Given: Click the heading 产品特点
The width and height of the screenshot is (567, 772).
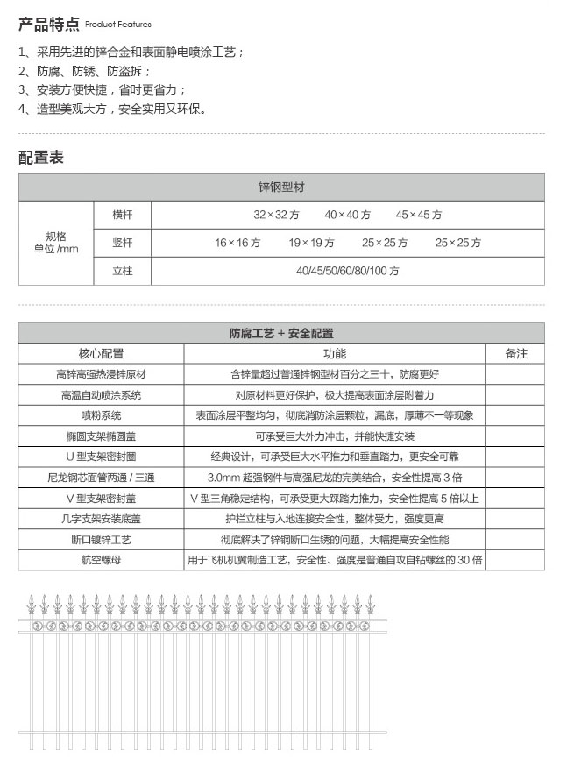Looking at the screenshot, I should pos(49,23).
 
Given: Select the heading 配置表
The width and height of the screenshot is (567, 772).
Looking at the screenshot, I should pos(41,158).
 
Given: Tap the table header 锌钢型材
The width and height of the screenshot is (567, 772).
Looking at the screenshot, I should pos(281,188).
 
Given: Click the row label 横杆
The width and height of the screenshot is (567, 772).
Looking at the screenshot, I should pos(122,215).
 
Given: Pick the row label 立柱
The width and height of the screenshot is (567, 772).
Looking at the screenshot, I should pos(122,271).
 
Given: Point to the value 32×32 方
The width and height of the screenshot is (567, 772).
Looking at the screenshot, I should pos(276,215).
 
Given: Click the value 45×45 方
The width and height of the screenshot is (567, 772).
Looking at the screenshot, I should pos(418,215).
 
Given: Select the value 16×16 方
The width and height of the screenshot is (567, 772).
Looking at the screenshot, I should pos(237,243).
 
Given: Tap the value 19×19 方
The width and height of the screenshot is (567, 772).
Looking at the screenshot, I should pos(311,243).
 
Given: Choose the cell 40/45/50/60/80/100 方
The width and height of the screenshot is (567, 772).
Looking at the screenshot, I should pos(347,271).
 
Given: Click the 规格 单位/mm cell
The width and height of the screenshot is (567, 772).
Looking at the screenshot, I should pos(56,243).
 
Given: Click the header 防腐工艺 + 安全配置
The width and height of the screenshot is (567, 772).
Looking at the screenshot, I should pos(281,333).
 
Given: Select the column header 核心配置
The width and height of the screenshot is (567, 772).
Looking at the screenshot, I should pos(101,353).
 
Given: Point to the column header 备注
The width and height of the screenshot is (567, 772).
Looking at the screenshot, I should pos(516,353).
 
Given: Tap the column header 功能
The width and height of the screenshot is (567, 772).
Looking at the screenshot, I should pos(334,353).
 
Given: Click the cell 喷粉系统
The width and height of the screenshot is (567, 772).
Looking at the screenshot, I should pos(101,415).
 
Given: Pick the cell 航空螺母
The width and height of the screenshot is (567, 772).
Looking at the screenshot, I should pos(101,559).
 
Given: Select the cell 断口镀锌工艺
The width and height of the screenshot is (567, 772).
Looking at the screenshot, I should pos(101,539).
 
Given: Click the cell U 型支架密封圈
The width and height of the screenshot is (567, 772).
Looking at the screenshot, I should pos(101,457).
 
